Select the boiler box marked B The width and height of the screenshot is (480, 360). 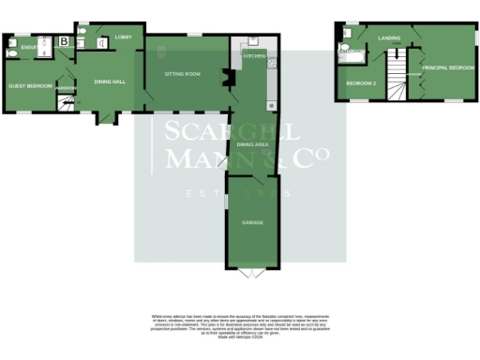pyautogui.click(x=64, y=41)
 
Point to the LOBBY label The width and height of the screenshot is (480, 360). pyautogui.click(x=123, y=37)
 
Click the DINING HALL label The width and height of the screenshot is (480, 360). pyautogui.click(x=110, y=82)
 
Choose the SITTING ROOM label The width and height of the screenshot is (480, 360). pyautogui.click(x=183, y=72)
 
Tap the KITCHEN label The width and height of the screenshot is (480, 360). pyautogui.click(x=254, y=56)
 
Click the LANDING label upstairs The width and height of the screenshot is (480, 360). pyautogui.click(x=389, y=37)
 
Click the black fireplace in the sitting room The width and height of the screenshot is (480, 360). pyautogui.click(x=225, y=77)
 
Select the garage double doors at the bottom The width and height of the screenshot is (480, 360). pyautogui.click(x=247, y=273)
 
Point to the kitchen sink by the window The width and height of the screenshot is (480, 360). pyautogui.click(x=250, y=42)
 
